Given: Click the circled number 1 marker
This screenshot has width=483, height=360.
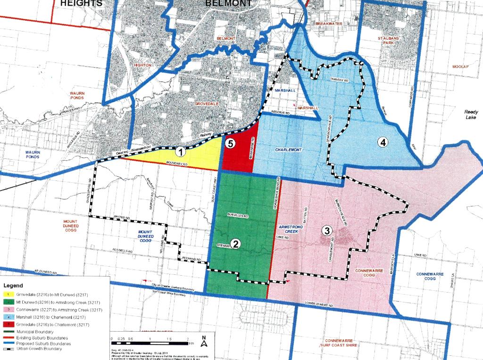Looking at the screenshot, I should [180, 152].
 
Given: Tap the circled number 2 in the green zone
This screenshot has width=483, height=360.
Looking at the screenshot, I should [235, 243].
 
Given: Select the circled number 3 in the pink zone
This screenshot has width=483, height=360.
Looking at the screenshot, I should [326, 230].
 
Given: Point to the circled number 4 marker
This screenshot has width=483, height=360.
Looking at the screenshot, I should [383, 141].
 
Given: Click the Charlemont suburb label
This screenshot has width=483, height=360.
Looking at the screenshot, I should [288, 150].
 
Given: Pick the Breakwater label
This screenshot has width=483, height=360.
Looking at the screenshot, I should [328, 23].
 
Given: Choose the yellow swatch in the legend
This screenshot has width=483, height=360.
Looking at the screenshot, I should [8, 294].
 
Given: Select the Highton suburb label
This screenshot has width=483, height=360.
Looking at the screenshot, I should [142, 65].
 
